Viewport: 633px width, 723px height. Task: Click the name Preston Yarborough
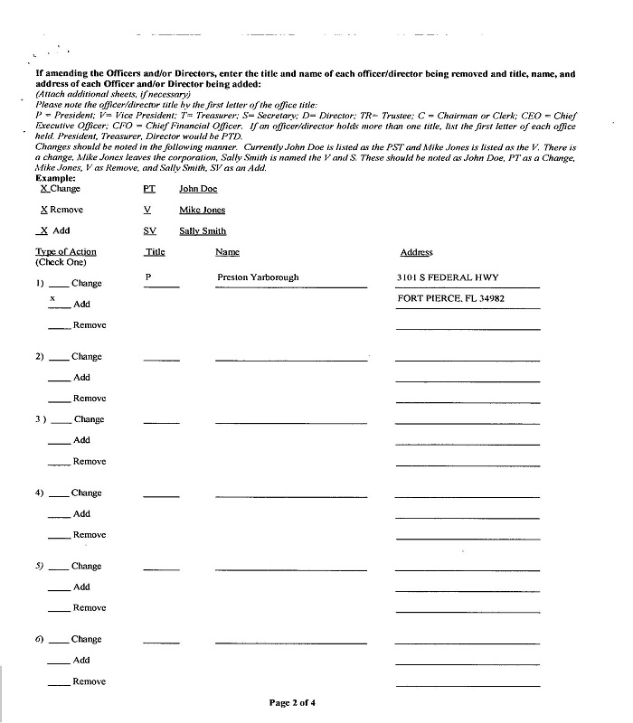pos(258,277)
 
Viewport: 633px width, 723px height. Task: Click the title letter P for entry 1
pos(147,277)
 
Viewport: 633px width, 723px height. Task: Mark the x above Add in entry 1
pos(52,297)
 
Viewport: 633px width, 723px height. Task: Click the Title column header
pos(155,252)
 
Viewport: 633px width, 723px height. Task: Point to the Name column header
pos(227,252)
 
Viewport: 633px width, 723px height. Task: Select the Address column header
pos(416,252)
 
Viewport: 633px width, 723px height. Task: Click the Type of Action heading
pos(65,252)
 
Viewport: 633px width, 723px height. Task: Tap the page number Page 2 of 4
pos(292,702)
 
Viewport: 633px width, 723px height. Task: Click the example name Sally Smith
pos(203,230)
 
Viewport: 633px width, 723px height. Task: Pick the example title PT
pos(149,189)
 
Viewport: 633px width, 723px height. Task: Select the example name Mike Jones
pos(203,210)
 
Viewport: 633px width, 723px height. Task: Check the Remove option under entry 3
pos(89,462)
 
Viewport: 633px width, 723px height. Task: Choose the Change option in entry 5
pos(86,567)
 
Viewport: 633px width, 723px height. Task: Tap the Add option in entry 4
pos(81,514)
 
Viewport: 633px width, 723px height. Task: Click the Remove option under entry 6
pos(89,681)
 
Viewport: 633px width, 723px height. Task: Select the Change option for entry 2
pos(86,357)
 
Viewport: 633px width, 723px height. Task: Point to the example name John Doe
pos(198,189)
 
